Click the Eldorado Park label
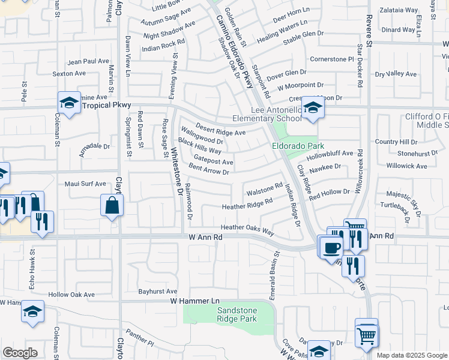pos(298,146)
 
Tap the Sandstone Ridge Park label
pos(237,314)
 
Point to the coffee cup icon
pos(331,246)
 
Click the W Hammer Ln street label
pos(196,300)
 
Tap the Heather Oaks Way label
pos(247,228)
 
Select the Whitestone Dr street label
pos(178,171)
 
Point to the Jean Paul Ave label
pos(89,61)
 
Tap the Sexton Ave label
pos(70,74)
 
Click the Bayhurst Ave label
pos(158,291)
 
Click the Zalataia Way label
pos(399,10)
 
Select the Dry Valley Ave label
pos(396,74)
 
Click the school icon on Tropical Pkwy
pos(70,103)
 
